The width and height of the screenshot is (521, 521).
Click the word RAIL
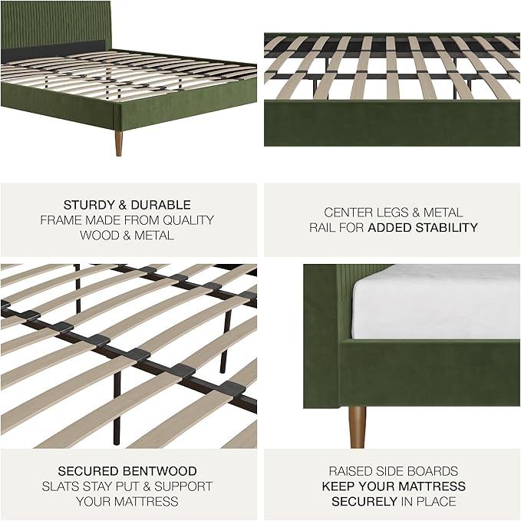click(x=324, y=228)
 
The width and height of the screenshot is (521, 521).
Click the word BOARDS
click(x=433, y=471)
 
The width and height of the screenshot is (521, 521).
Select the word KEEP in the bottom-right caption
click(x=338, y=486)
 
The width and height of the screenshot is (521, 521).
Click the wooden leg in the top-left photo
click(x=119, y=143)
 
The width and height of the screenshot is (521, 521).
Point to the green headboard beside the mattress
click(x=326, y=307)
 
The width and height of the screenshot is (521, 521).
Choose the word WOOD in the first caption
click(x=97, y=236)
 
